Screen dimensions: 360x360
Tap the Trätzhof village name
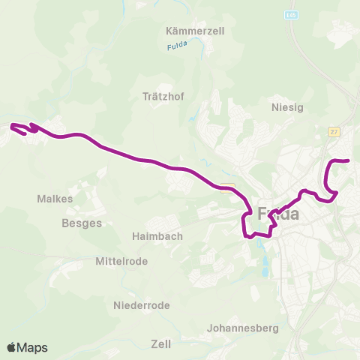tap(163, 96)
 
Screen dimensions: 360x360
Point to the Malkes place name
tap(55, 199)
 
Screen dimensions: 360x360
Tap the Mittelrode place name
tap(121, 261)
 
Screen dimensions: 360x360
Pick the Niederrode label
tap(142, 305)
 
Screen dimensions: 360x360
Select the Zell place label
tap(161, 344)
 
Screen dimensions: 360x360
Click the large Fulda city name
tap(278, 214)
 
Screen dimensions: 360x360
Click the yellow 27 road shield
tap(334, 132)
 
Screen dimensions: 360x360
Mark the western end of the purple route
tap(10, 125)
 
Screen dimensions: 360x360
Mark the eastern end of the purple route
tap(349, 160)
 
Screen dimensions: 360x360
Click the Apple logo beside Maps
tap(11, 347)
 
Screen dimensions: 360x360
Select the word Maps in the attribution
tap(33, 347)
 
